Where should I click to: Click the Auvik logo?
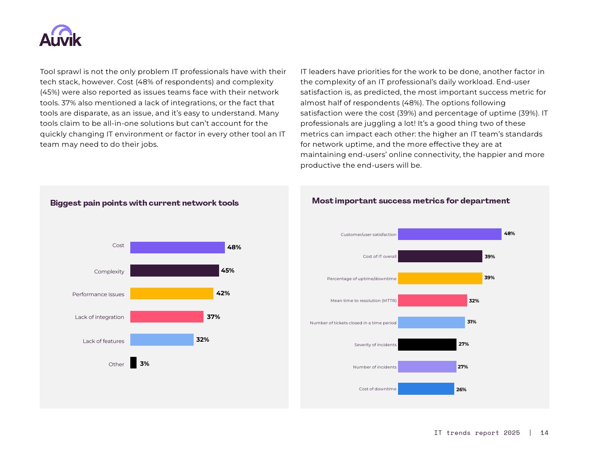click(x=60, y=36)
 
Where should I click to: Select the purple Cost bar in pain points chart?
click(x=177, y=248)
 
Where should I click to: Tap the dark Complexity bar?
click(x=174, y=271)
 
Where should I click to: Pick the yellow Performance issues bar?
click(x=171, y=294)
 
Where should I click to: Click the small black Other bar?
click(x=133, y=363)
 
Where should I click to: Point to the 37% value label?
click(x=213, y=317)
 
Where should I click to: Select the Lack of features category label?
click(x=104, y=341)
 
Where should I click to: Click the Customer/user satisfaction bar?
click(x=449, y=234)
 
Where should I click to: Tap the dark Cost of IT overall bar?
click(x=440, y=256)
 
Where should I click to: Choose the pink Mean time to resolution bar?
click(x=432, y=301)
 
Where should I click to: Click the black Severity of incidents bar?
click(x=427, y=344)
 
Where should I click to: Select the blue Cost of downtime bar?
click(x=426, y=389)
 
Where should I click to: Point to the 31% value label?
click(x=472, y=322)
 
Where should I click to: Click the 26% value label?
click(x=461, y=389)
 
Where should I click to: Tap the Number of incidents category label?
click(x=374, y=367)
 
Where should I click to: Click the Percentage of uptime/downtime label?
click(x=361, y=279)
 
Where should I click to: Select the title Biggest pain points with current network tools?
click(x=144, y=203)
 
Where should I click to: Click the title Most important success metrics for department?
click(x=411, y=201)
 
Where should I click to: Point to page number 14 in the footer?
click(x=544, y=433)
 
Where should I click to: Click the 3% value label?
click(x=145, y=364)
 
